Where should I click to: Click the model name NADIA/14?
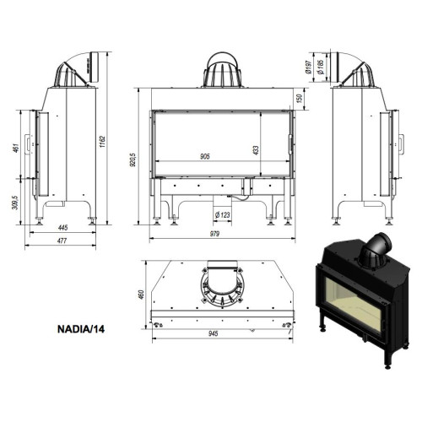(x=81, y=329)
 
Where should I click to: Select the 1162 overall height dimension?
(x=102, y=142)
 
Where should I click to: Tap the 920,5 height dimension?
(x=133, y=160)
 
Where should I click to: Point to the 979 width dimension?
(x=214, y=234)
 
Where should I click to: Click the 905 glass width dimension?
(x=205, y=156)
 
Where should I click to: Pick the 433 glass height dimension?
(x=256, y=150)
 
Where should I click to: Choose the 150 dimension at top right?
(x=300, y=98)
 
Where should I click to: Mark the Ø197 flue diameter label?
(x=309, y=67)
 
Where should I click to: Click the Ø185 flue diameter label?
(x=321, y=67)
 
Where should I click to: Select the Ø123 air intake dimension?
(x=223, y=215)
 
